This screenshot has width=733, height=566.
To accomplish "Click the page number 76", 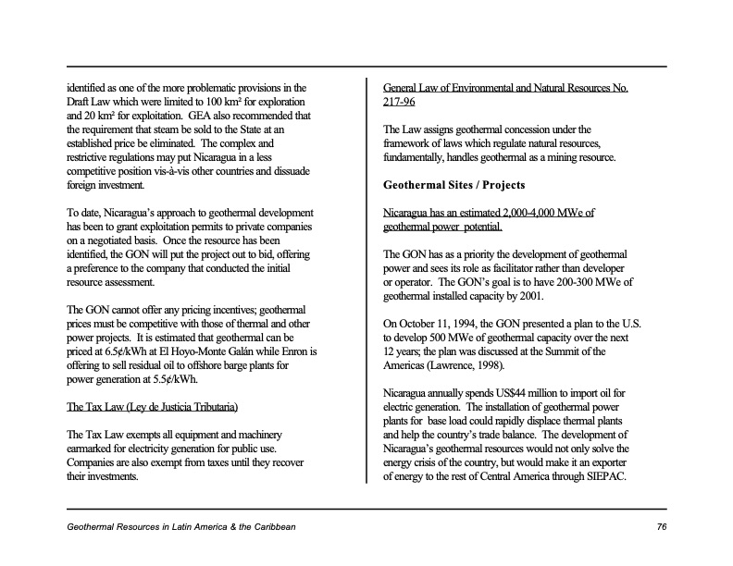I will [x=661, y=526].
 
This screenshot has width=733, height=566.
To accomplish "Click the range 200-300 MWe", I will [x=590, y=283].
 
